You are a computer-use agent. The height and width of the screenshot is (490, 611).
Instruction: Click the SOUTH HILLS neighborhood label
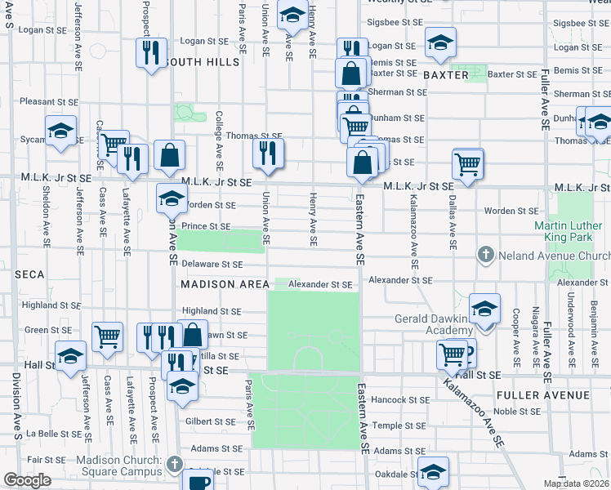[x=198, y=62]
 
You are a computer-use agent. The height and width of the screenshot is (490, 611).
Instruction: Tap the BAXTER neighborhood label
[x=446, y=75]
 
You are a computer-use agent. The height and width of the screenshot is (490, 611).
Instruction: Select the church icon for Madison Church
[x=173, y=465]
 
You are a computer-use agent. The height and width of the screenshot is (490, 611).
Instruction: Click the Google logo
[x=27, y=480]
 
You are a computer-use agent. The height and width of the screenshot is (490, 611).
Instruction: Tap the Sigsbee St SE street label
[x=395, y=23]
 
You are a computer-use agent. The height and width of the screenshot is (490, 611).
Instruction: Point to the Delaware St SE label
[x=212, y=265]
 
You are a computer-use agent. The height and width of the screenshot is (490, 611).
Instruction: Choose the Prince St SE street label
[x=206, y=226]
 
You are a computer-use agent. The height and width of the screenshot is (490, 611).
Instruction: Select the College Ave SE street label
[x=219, y=138]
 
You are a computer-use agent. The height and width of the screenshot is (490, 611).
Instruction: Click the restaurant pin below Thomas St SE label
[x=267, y=152]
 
